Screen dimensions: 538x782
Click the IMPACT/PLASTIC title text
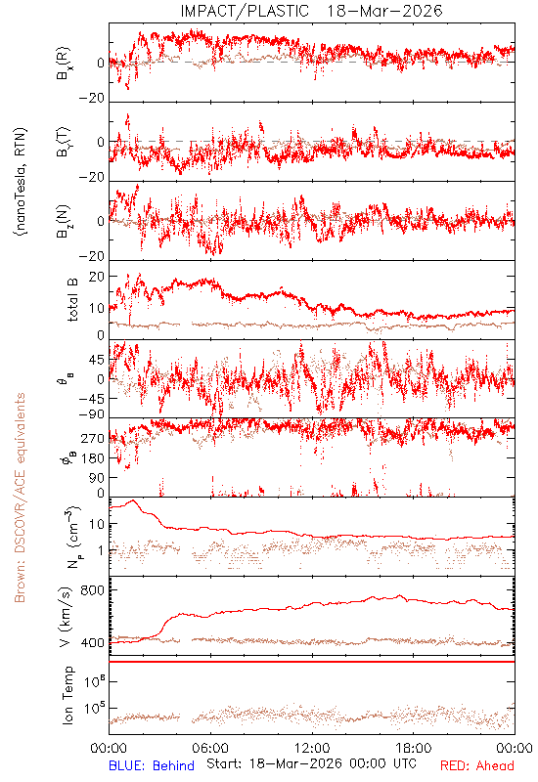pos(245,11)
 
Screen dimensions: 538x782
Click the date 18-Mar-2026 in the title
pos(384,11)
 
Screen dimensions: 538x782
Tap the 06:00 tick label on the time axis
pos(210,748)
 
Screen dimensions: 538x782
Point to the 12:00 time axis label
pos(312,748)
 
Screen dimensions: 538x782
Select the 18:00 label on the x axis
pos(414,748)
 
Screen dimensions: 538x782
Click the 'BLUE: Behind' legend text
pos(152,765)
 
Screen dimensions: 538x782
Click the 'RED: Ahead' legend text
pos(477,765)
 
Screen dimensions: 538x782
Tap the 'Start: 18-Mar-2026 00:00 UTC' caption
pos(311,763)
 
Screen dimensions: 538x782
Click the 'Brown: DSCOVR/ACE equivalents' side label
pos(20,498)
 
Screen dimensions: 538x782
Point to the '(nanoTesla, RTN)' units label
pos(21,182)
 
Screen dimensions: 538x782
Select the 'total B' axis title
pos(72,300)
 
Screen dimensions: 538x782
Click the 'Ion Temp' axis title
pos(67,695)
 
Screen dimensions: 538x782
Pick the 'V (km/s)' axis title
pos(66,618)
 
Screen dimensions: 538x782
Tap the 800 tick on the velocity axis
pos(93,590)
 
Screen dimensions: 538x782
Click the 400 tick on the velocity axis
pos(93,643)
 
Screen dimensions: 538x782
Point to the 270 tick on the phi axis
pos(93,438)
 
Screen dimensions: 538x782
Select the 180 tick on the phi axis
pos(93,457)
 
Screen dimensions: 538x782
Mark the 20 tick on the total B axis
pos(97,277)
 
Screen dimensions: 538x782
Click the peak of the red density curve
pos(133,500)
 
